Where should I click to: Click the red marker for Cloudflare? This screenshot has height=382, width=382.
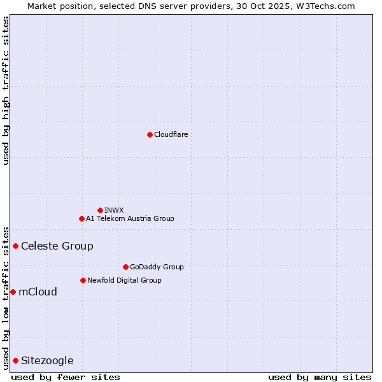click(x=150, y=134)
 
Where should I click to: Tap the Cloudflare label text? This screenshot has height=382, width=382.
click(x=171, y=134)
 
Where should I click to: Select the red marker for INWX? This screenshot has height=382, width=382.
click(x=100, y=210)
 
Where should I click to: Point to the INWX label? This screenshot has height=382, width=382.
click(x=114, y=210)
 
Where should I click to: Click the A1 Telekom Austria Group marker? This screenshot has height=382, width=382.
click(x=81, y=218)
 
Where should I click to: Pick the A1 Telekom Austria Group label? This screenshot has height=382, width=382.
click(x=130, y=218)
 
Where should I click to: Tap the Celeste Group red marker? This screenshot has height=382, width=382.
click(x=15, y=246)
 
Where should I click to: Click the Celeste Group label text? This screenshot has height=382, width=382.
click(x=57, y=246)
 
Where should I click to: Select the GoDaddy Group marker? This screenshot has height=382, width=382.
click(x=125, y=267)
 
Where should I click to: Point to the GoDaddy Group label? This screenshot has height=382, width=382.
click(x=157, y=267)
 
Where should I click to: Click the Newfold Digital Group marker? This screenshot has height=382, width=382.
click(x=83, y=280)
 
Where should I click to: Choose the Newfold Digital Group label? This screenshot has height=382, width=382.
click(x=124, y=280)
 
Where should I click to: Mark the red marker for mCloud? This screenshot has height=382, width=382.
click(x=13, y=292)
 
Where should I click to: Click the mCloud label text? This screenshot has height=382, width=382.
click(x=38, y=292)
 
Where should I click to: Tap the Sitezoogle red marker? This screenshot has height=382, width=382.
click(x=15, y=360)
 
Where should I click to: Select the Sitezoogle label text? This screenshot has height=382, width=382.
click(x=47, y=360)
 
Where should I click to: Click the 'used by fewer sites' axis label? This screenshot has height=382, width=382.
click(x=66, y=377)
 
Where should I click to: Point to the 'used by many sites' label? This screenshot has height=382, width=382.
click(x=320, y=377)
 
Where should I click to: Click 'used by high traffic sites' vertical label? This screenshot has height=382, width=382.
click(x=6, y=90)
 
